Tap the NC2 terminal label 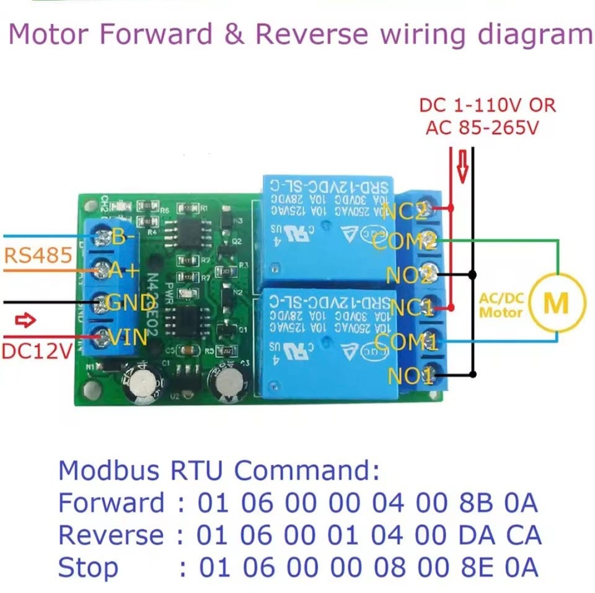point(405,212)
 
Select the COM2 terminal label point(405,242)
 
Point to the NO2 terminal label point(409,273)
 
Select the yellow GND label point(130,303)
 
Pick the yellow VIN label point(128,337)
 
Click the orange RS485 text point(37,255)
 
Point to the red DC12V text point(37,351)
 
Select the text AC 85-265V point(482,128)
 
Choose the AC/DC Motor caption point(501,305)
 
